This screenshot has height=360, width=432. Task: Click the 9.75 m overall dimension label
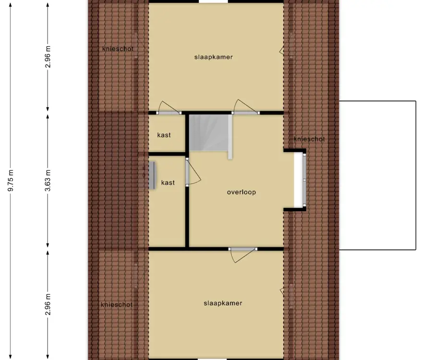point(11,180)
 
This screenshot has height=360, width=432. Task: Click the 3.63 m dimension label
point(48,180)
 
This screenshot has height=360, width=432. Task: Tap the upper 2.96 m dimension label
point(48,57)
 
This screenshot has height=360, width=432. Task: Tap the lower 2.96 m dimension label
point(48,304)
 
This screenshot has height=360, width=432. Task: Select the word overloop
point(241,192)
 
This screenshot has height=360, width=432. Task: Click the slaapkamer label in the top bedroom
point(214,57)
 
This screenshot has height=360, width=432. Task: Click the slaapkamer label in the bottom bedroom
point(223,303)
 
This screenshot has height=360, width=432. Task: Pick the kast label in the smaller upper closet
point(164,135)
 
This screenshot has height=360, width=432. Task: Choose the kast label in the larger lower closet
point(168,182)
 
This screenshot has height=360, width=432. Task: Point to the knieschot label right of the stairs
point(309,139)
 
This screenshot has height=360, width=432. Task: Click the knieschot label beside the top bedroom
point(118,49)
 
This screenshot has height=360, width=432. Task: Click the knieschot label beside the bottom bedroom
point(117,305)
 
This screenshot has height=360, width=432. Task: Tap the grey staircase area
point(209,133)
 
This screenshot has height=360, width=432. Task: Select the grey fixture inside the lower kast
point(152,175)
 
